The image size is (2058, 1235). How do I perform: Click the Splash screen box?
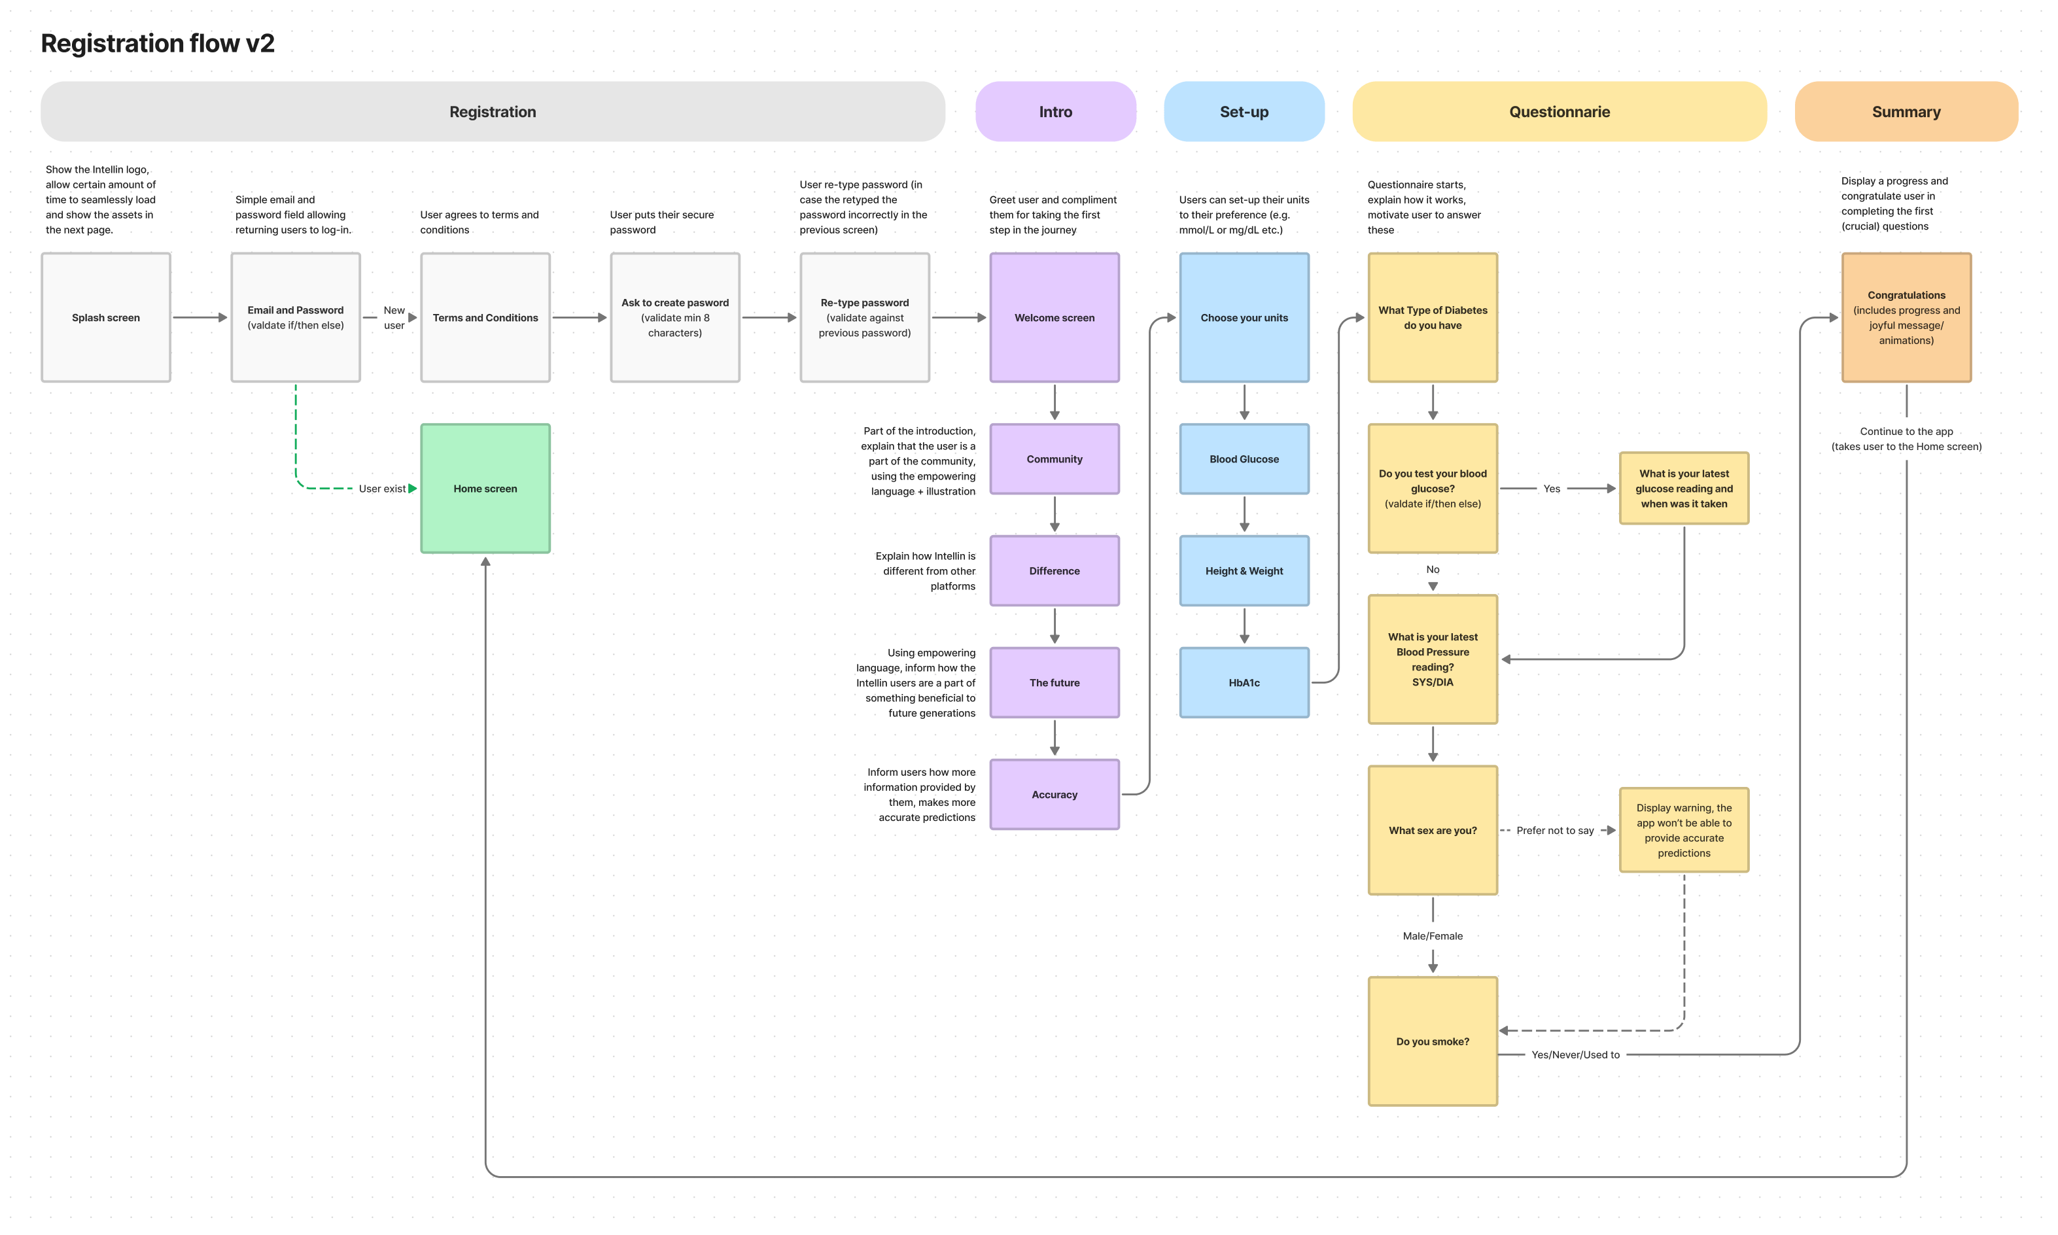106,317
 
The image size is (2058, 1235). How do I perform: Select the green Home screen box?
485,489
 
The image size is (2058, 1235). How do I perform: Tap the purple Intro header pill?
1055,111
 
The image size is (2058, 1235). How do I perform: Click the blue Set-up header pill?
1244,111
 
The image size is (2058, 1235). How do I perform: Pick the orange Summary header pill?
1906,111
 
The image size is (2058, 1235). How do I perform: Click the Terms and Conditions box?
485,317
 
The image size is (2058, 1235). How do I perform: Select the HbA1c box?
1244,682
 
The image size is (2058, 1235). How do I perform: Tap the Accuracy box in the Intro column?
1055,794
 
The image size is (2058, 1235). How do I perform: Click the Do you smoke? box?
1432,1041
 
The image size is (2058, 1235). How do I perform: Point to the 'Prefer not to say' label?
1554,831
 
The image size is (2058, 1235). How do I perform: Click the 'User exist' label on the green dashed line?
382,489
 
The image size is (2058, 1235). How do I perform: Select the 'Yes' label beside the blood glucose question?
1551,489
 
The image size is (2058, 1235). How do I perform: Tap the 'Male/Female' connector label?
1432,936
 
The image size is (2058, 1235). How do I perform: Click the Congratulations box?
1906,317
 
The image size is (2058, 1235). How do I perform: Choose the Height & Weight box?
1244,571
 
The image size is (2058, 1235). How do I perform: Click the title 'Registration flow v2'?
157,43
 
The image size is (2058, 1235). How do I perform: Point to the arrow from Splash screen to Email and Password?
200,317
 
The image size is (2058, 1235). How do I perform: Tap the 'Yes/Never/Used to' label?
1575,1054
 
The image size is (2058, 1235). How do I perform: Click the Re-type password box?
865,317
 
